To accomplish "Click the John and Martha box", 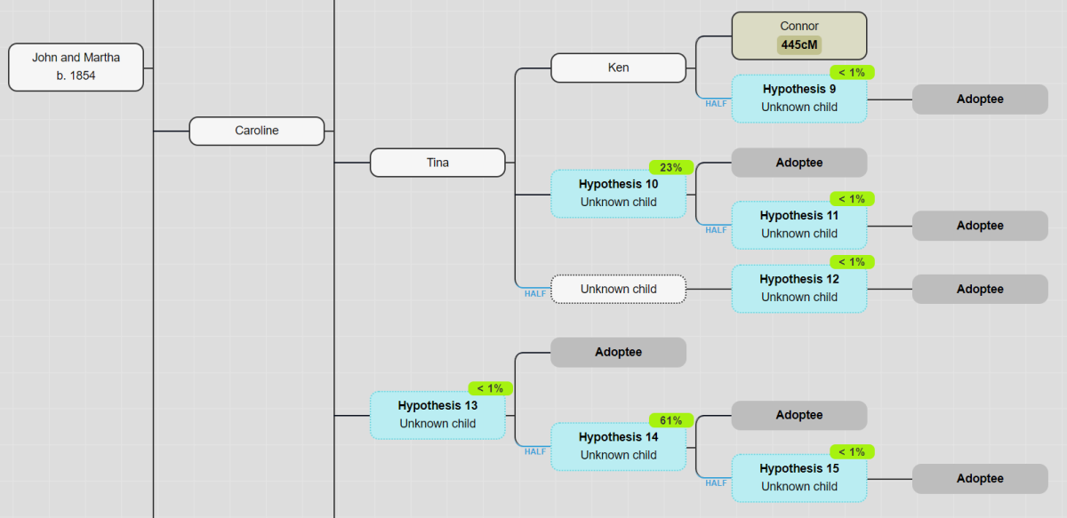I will tap(76, 67).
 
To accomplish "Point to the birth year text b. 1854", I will tap(76, 76).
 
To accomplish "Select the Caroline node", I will tap(256, 131).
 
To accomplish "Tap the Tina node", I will tap(437, 163).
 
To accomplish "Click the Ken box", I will tap(618, 68).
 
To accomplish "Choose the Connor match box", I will tap(798, 36).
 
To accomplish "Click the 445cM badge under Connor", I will tap(798, 45).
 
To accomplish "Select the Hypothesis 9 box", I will tap(798, 99).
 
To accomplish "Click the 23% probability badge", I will tap(670, 167).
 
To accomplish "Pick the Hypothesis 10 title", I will tap(618, 184).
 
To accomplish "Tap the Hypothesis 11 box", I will tap(798, 226).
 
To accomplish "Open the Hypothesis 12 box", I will tap(798, 289).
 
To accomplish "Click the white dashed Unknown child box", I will tap(618, 289).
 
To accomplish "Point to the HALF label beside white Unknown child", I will tap(534, 293).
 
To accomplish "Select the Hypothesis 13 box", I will tap(437, 415).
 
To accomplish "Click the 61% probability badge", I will tap(670, 420).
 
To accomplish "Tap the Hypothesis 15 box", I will tap(798, 478).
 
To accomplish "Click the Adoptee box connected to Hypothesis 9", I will tap(980, 100).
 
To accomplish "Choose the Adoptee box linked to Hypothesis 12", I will tap(980, 289).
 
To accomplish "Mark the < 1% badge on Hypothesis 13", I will tap(490, 388).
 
